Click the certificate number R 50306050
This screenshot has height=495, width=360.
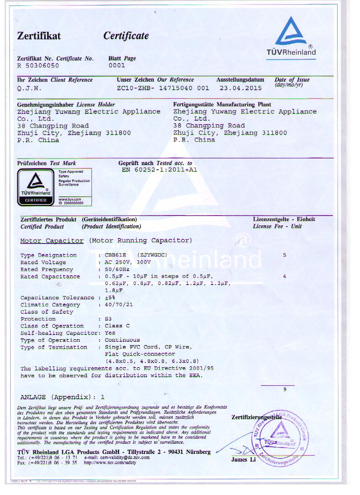click(38, 66)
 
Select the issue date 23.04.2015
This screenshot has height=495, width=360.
click(240, 88)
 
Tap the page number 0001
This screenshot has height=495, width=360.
click(117, 66)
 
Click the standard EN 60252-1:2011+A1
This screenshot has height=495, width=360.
click(159, 170)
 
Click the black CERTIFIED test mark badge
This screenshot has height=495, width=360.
click(36, 187)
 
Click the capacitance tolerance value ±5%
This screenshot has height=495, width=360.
click(111, 298)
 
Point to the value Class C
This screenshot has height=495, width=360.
click(117, 326)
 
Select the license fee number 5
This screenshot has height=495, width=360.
click(285, 255)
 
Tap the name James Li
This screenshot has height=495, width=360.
click(244, 459)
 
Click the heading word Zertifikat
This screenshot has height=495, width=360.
click(39, 36)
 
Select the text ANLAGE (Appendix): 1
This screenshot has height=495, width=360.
click(62, 397)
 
